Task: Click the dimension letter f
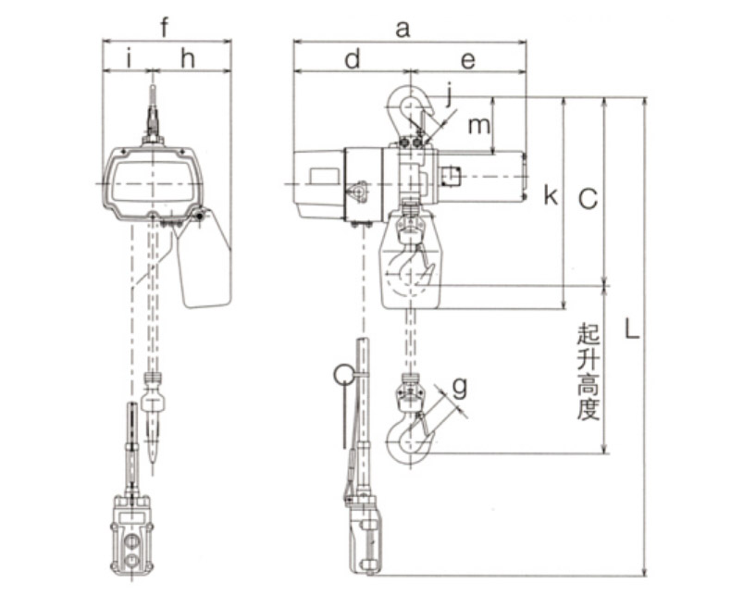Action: click(164, 28)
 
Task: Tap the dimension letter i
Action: click(130, 59)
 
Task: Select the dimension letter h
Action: click(188, 59)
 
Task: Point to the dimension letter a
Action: click(403, 30)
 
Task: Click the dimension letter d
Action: click(353, 59)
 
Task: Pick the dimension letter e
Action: click(467, 61)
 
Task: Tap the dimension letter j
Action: click(449, 94)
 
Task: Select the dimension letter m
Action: click(478, 126)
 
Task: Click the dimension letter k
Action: click(551, 195)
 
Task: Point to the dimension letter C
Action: click(588, 200)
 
